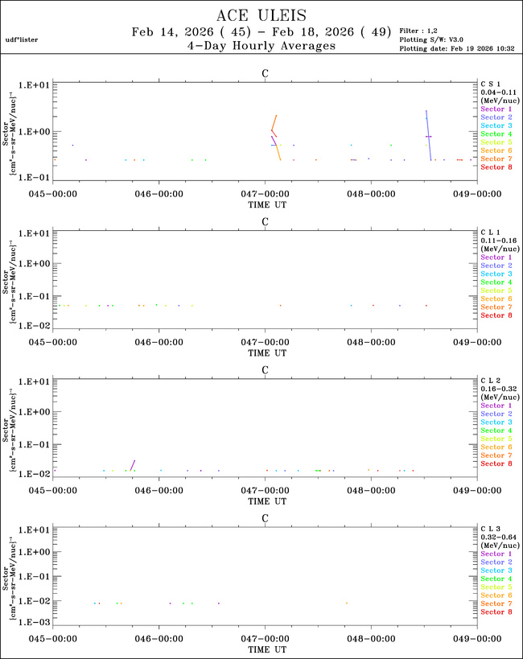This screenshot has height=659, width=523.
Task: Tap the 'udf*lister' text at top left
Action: (22, 39)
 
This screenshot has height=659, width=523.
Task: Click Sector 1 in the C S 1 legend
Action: (496, 109)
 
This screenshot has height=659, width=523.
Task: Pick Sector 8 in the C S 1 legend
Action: (496, 167)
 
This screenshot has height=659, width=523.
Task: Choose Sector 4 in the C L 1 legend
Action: (496, 282)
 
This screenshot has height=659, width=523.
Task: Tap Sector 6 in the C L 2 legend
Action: (496, 447)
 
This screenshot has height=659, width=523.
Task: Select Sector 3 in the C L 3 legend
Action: (496, 570)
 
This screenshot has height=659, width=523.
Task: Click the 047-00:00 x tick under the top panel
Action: (265, 193)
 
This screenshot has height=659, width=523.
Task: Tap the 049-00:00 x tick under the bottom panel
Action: (477, 640)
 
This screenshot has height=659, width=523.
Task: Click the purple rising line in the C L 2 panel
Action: (133, 465)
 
